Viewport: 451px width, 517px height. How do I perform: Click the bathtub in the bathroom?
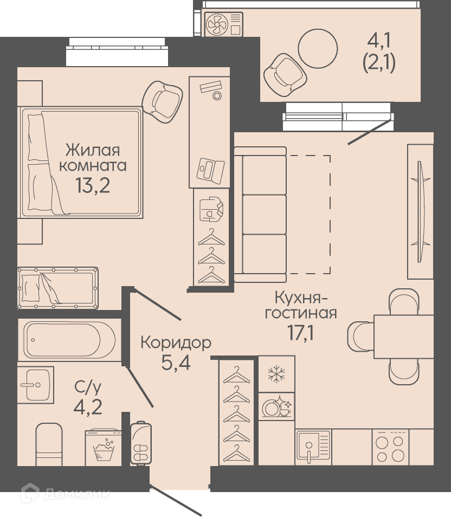click(x=69, y=340)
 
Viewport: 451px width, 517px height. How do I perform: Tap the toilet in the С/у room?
click(x=49, y=444)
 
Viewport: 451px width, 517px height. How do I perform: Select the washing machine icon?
click(x=104, y=447)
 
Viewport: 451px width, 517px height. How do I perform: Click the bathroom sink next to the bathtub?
click(x=36, y=384)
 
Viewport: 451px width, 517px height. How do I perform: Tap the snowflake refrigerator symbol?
click(x=276, y=374)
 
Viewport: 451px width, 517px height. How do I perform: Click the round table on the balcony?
click(x=318, y=48)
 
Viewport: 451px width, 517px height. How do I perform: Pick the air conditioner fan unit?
click(x=223, y=24)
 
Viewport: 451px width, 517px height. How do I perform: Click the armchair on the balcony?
click(x=285, y=75)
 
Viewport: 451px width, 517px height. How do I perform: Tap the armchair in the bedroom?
click(x=162, y=101)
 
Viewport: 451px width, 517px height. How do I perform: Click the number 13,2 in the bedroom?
click(x=93, y=186)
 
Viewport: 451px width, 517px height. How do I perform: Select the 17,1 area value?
click(x=300, y=333)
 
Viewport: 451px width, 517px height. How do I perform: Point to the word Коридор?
click(x=176, y=343)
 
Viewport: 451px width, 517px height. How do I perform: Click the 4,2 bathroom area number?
click(x=88, y=408)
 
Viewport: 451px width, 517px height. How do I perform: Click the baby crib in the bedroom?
click(x=58, y=288)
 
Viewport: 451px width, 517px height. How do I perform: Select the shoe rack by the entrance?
click(x=141, y=443)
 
